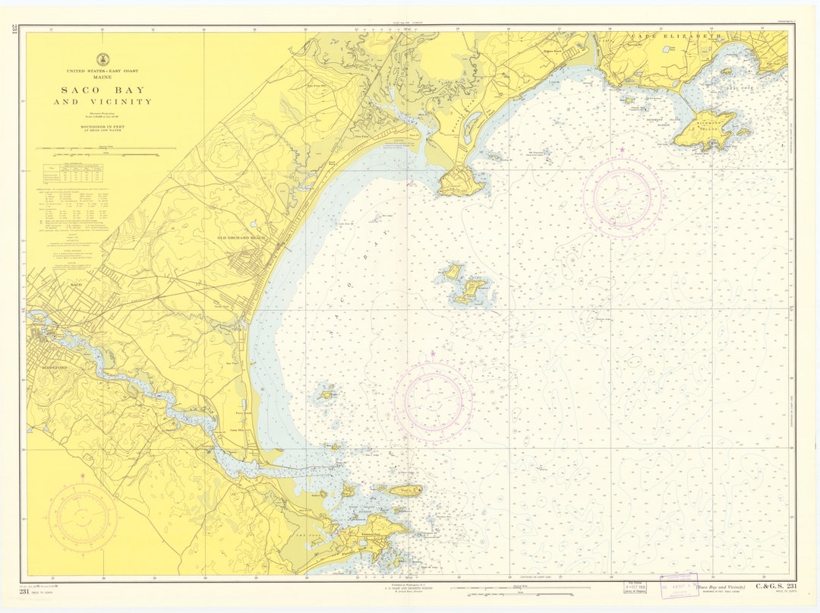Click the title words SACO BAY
[102, 90]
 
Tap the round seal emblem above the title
[102, 59]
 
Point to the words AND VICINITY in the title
[102, 102]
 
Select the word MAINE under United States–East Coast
[102, 77]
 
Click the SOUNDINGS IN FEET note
[102, 126]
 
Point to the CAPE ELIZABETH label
[674, 36]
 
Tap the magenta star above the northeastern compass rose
[623, 150]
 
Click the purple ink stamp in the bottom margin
[678, 585]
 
